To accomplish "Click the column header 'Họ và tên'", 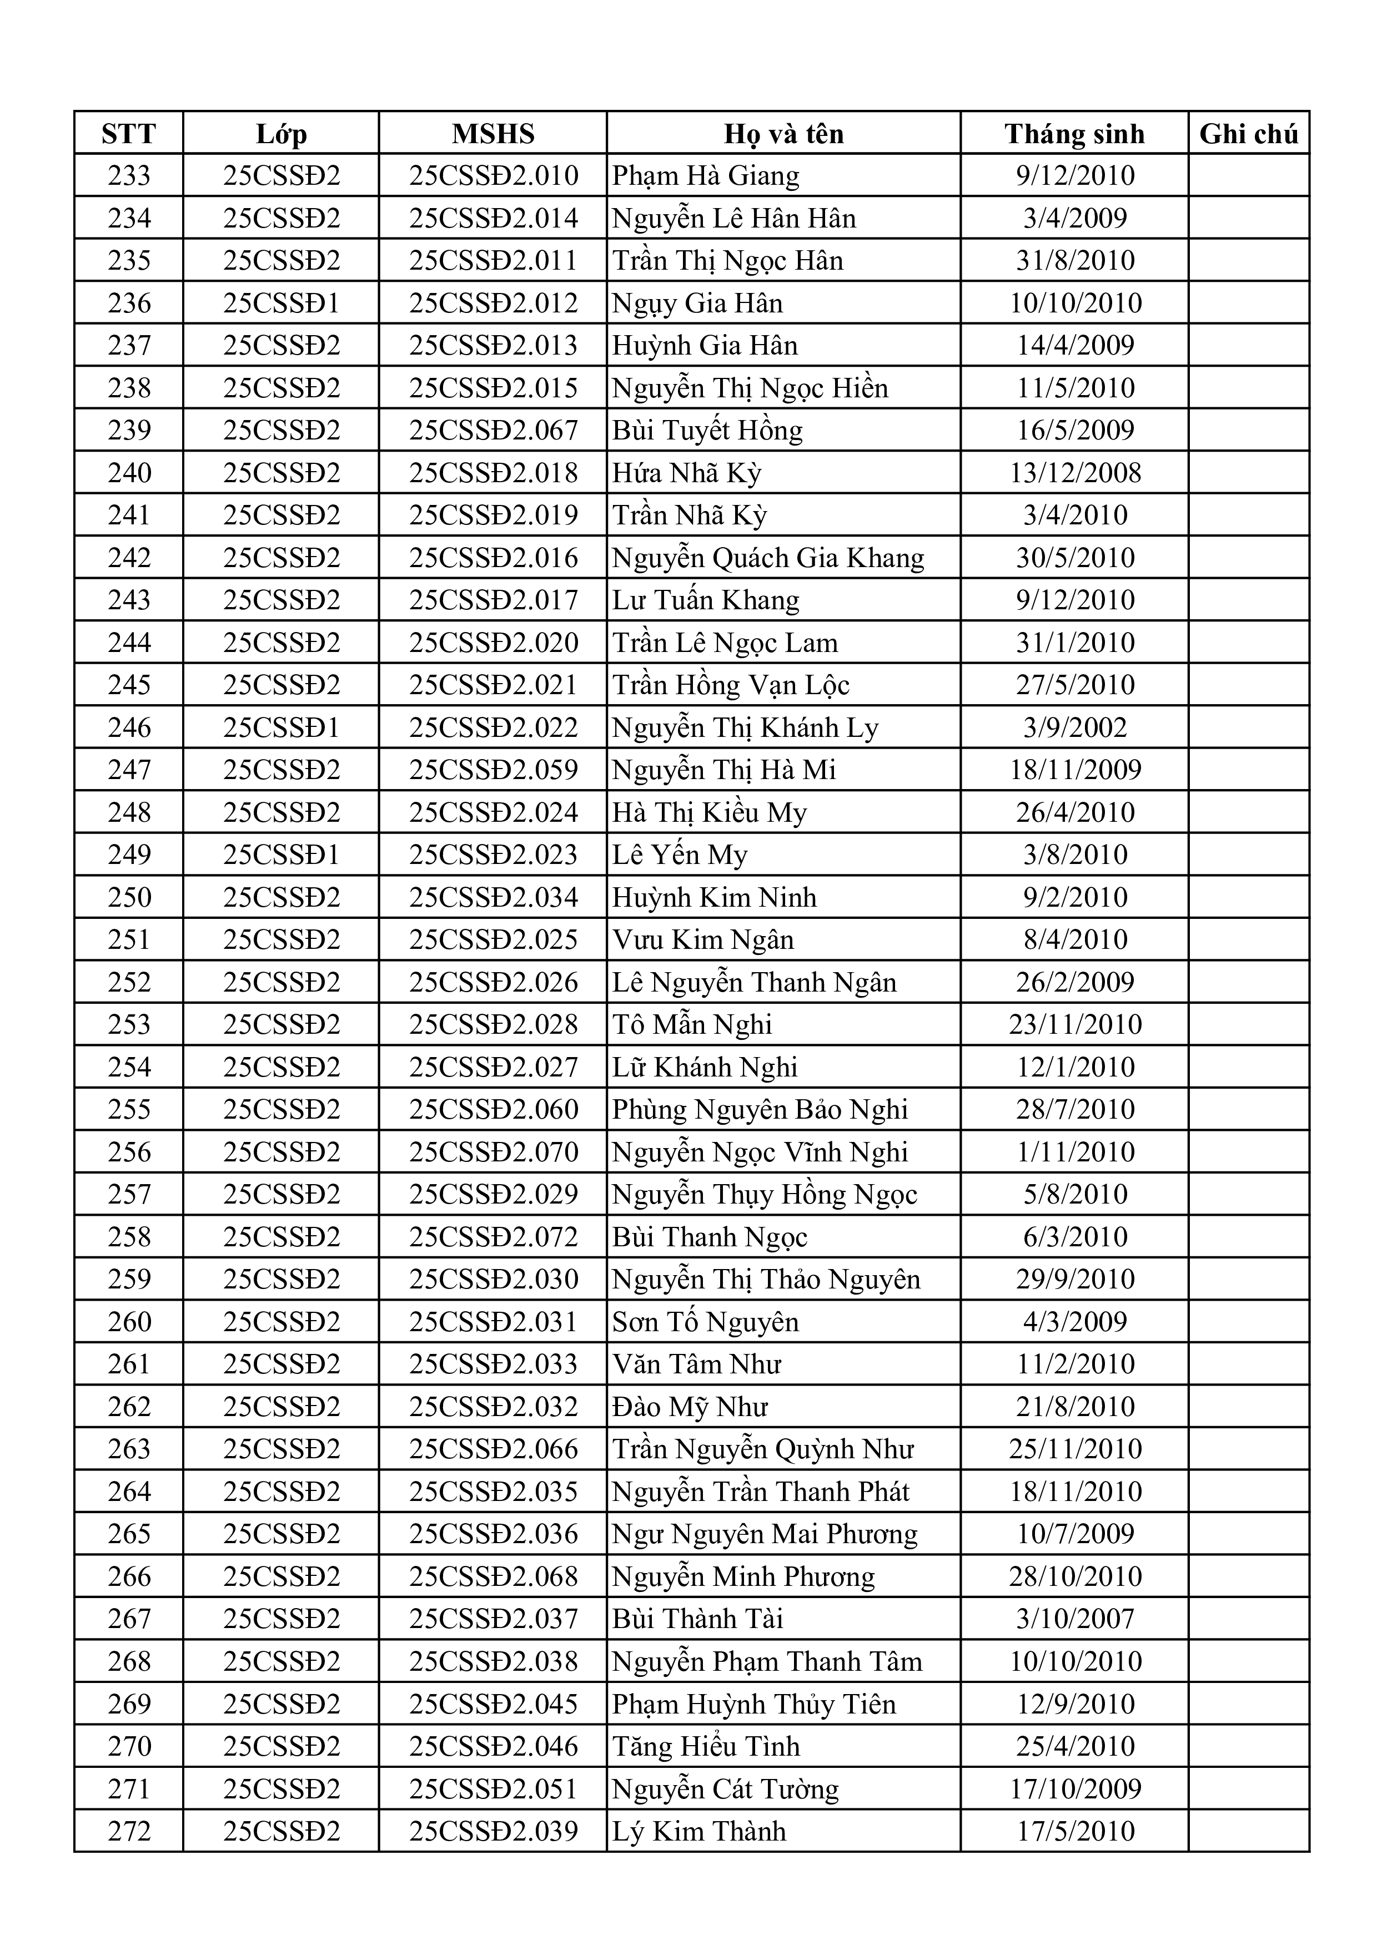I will click(783, 134).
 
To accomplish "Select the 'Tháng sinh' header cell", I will click(1074, 134).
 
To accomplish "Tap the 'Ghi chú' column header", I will click(1248, 134).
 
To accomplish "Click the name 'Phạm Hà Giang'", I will click(706, 176).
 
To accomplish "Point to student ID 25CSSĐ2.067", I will click(494, 431).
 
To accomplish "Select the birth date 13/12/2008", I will click(1075, 473).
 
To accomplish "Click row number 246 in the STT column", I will click(129, 727).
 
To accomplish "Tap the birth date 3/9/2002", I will click(1075, 727).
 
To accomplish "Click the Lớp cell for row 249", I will click(280, 855).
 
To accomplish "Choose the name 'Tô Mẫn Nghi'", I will click(692, 1025).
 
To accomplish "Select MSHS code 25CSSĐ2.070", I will click(494, 1152).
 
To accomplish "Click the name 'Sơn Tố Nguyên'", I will click(706, 1321).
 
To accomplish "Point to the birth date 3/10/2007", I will click(1075, 1619).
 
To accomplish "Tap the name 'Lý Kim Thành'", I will click(698, 1831).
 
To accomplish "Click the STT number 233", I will click(129, 176).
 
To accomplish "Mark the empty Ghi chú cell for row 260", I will click(1248, 1321).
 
